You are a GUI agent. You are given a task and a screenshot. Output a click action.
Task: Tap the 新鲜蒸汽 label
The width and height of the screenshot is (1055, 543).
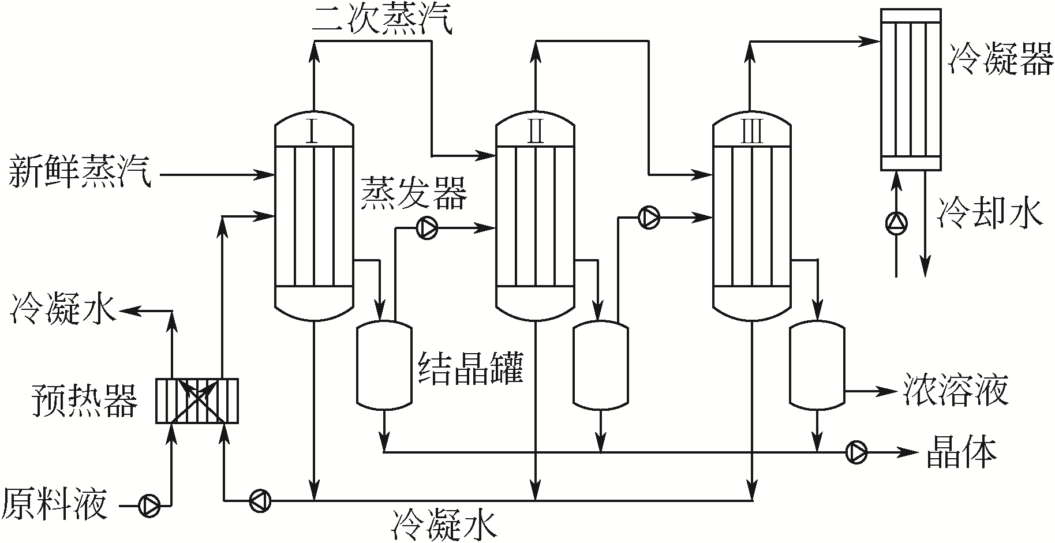pos(79,173)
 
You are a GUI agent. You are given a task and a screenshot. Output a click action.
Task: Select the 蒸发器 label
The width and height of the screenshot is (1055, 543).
pos(414,193)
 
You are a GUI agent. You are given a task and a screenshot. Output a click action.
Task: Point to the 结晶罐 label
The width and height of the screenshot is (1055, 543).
pos(470,369)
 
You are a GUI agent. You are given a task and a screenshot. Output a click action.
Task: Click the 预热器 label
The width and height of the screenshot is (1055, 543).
pos(85,400)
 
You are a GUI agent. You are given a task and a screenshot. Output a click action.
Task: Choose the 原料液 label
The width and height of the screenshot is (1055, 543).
pos(55,504)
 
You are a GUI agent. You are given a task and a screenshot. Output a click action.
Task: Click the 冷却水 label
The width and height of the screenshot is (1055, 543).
pos(990,213)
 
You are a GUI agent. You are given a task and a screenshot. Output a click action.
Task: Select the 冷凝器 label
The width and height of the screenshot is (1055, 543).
pos(1001,61)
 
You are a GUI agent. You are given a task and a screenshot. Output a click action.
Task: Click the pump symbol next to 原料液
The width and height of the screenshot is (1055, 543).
pos(149,505)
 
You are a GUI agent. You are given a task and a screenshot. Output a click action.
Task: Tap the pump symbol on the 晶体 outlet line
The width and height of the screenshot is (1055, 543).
pos(856,452)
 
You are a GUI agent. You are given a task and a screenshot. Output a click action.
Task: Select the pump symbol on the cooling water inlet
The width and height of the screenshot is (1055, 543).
pos(896,223)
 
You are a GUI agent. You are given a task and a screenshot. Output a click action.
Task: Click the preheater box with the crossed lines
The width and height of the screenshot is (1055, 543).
pos(197,400)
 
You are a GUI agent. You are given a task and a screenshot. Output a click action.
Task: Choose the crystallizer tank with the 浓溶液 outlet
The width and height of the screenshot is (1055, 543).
pos(817,365)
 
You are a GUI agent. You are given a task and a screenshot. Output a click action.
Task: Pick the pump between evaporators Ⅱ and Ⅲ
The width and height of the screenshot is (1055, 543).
pos(649,217)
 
